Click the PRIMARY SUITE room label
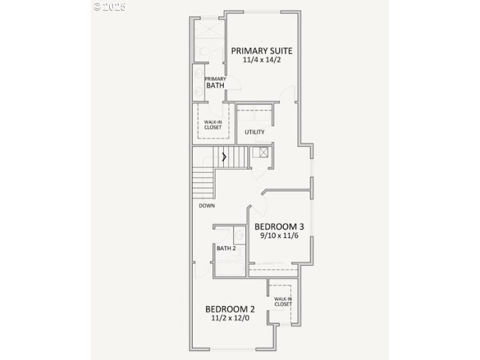tap(262, 50)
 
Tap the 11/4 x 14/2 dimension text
tap(262, 61)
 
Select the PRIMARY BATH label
tap(215, 82)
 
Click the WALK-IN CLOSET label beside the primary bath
tap(213, 124)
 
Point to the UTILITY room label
tap(254, 132)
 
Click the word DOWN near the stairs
tap(207, 206)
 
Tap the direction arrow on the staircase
tap(224, 157)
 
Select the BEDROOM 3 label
tap(279, 227)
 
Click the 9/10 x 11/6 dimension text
tap(279, 236)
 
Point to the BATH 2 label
tap(226, 248)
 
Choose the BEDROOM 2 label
tap(230, 309)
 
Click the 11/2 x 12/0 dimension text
tap(230, 319)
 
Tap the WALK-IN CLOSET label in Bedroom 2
tap(283, 301)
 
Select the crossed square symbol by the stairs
tap(263, 152)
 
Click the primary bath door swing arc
tap(234, 85)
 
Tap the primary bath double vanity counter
tap(198, 83)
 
